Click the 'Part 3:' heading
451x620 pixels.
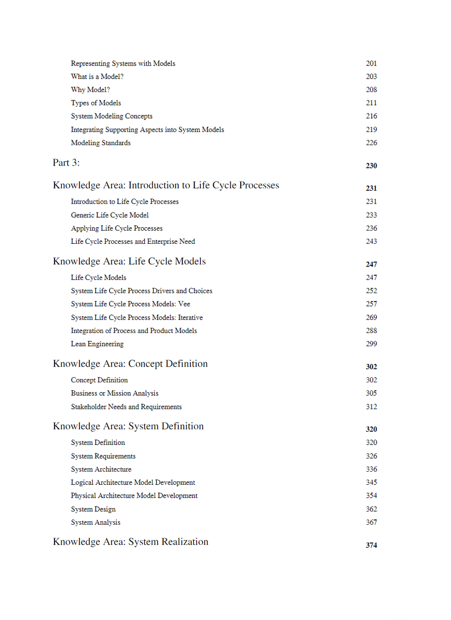click(66, 163)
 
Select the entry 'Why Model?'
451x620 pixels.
click(90, 90)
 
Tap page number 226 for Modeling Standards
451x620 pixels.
click(371, 143)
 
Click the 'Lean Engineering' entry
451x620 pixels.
click(97, 344)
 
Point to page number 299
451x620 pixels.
click(371, 344)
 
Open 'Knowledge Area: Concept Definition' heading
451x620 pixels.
click(130, 364)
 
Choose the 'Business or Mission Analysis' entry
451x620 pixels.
click(114, 393)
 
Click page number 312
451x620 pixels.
click(371, 407)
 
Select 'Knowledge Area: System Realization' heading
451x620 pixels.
click(131, 542)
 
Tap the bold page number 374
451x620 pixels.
click(371, 546)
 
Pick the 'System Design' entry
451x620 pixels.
click(93, 509)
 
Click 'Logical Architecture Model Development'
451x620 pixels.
click(133, 482)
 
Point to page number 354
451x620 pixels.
click(371, 496)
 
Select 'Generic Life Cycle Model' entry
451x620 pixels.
click(110, 215)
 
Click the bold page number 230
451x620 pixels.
click(371, 166)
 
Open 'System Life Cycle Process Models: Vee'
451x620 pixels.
click(131, 304)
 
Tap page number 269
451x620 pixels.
click(371, 317)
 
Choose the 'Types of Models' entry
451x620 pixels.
click(96, 103)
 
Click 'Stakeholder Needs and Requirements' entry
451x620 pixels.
click(126, 407)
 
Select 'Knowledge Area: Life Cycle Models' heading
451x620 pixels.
click(129, 261)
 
